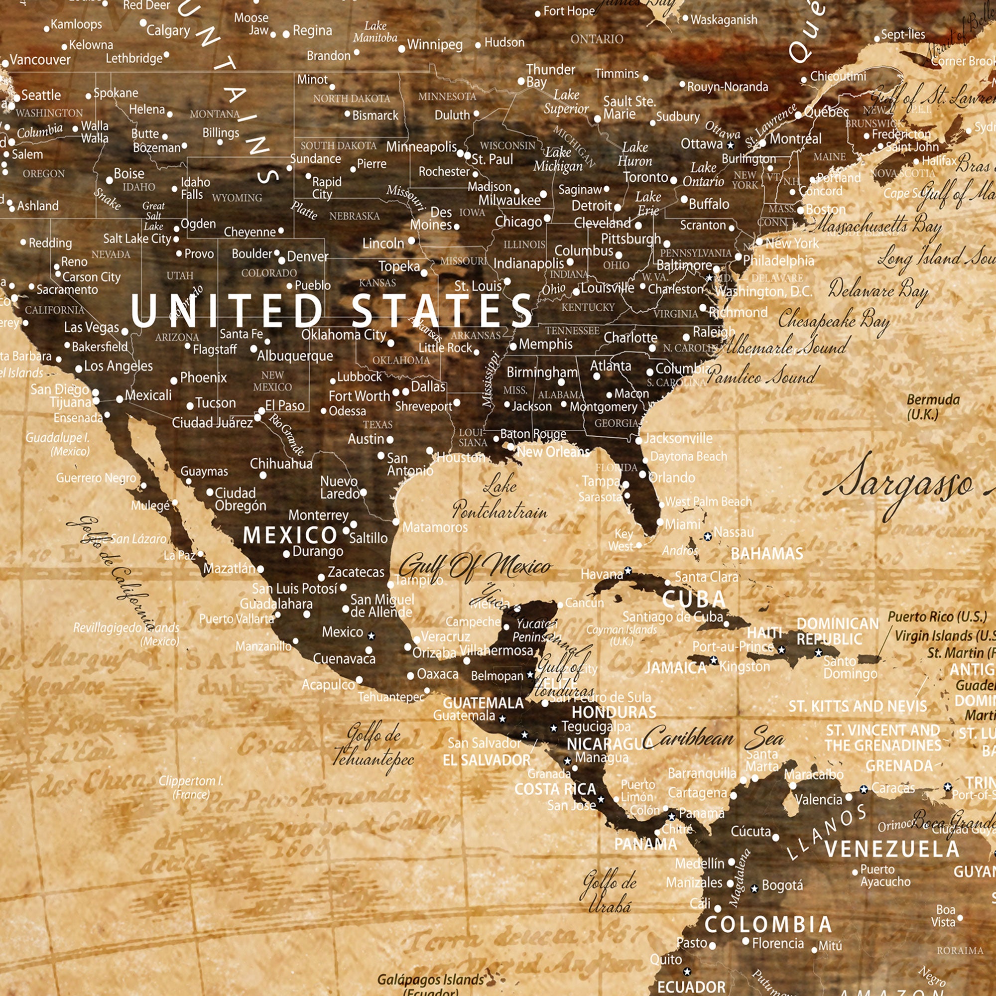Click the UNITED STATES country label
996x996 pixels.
coord(332,310)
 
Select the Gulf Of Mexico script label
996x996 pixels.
coord(475,567)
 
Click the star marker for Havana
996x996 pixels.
coord(628,571)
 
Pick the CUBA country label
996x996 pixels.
coord(694,599)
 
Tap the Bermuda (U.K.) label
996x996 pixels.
coord(933,407)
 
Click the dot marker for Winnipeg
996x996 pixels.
coord(401,49)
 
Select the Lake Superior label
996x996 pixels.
coord(566,102)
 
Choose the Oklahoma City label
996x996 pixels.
coord(343,335)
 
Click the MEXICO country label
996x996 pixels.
coord(290,536)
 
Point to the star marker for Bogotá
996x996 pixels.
coord(754,888)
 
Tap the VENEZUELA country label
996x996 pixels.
coord(892,849)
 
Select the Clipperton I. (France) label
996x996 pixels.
coord(191,787)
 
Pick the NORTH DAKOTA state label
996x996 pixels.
coord(352,99)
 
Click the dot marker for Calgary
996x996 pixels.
coord(143,23)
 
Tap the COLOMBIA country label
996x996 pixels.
coord(768,924)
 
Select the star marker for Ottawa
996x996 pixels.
coord(730,145)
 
